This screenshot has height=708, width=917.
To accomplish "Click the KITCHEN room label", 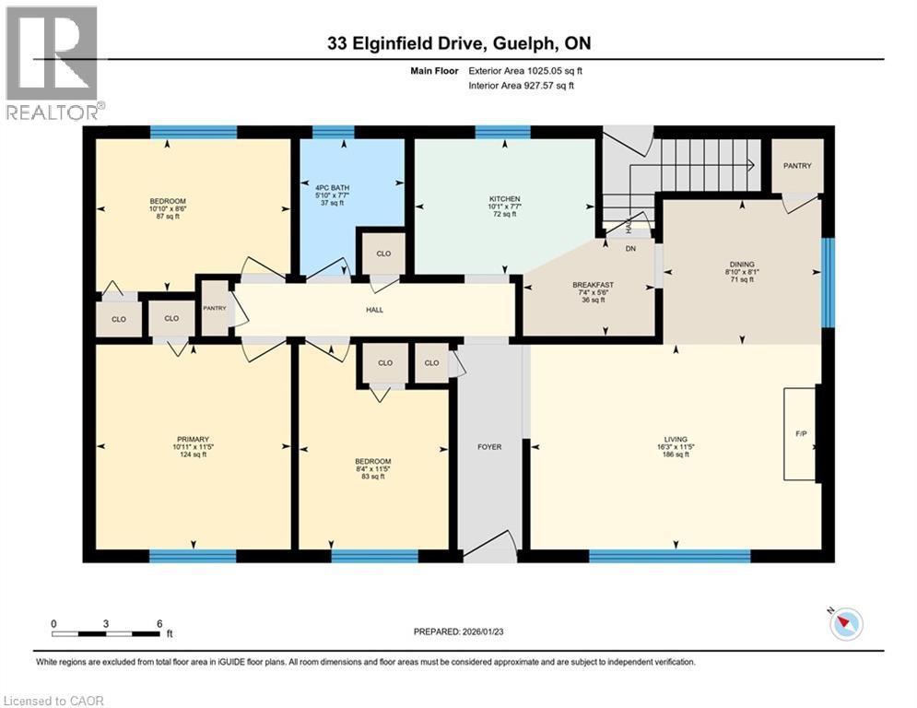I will pyautogui.click(x=504, y=199).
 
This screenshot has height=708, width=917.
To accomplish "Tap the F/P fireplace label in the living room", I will pyautogui.click(x=800, y=432).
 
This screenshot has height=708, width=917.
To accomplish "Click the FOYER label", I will pyautogui.click(x=489, y=447).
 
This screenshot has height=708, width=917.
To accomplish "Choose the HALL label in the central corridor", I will pyautogui.click(x=373, y=310).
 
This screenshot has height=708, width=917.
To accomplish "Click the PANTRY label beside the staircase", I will pyautogui.click(x=797, y=166).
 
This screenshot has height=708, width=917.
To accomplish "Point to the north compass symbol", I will pyautogui.click(x=846, y=624).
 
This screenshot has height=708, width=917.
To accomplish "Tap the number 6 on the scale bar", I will pyautogui.click(x=159, y=623).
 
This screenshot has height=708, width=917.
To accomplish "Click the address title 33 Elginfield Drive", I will pyautogui.click(x=459, y=43).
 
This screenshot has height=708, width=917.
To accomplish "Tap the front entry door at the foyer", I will pyautogui.click(x=489, y=552).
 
